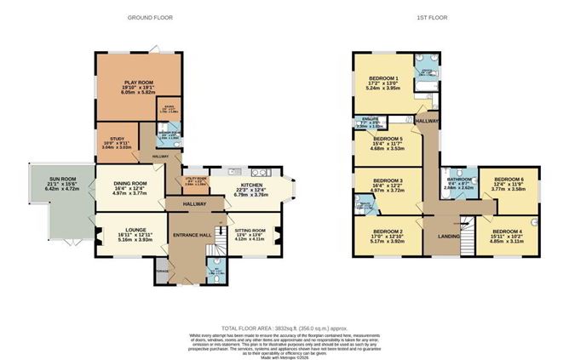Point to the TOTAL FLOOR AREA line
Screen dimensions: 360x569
[284, 328]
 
